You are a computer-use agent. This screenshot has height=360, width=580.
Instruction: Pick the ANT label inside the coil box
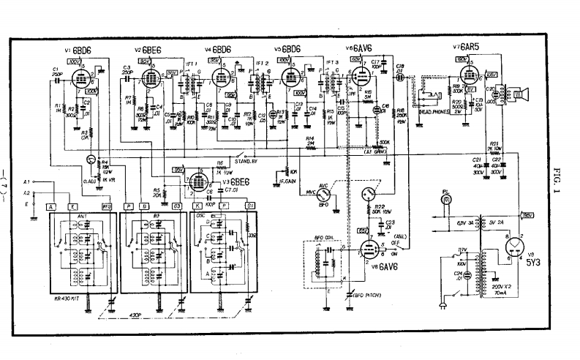point(81,216)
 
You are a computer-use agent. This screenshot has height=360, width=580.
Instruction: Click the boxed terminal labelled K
point(197,207)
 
